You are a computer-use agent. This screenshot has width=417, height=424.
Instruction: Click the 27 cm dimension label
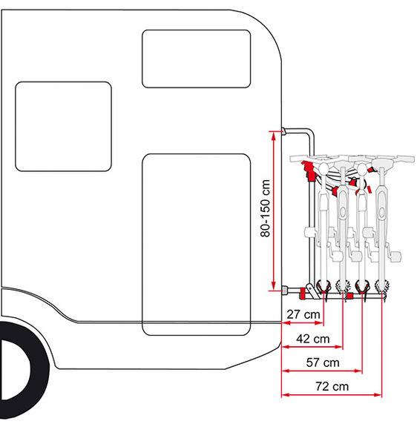coord(303,314)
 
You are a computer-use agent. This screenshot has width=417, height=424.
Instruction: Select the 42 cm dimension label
coord(313,339)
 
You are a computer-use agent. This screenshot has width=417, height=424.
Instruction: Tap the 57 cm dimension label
coord(323,362)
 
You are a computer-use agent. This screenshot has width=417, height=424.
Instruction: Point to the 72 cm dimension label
coord(332,386)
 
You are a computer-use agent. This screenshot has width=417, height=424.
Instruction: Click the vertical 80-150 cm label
coord(265,208)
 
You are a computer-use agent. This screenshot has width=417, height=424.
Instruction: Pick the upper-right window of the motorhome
coord(196,59)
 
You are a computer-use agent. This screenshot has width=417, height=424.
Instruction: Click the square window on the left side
coord(63,127)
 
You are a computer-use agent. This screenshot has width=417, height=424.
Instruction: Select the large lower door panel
coord(196,245)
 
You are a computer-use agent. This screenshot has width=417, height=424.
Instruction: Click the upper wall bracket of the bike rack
coord(283,131)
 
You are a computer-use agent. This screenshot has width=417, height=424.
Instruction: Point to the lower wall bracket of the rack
coord(285,290)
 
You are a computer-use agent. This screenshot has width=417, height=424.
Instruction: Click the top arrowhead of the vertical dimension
coord(273,135)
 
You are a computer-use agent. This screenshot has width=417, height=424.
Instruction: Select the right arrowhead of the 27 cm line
coord(320,323)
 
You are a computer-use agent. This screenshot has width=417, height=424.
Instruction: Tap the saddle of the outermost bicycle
coord(381,162)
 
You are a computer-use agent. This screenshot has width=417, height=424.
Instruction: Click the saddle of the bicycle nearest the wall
coord(323,168)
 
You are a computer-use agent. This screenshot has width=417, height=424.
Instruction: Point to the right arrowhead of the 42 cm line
coord(339,347)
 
